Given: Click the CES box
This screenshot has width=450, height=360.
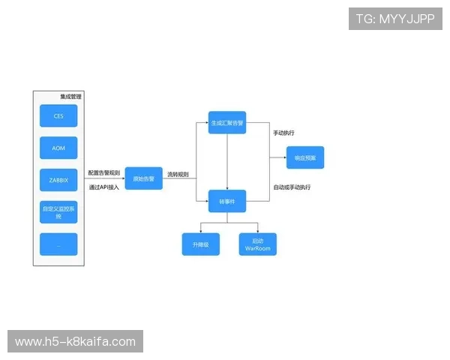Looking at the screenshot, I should click(58, 116).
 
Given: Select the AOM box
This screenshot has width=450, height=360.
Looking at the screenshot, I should click(58, 148).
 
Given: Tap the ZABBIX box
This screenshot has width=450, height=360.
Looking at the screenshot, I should click(58, 180).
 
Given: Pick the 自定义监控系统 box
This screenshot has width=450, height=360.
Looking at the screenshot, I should click(58, 212).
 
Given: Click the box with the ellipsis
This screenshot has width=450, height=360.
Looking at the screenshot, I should click(58, 244).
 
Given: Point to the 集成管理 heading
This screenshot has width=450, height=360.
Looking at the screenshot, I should click(70, 97).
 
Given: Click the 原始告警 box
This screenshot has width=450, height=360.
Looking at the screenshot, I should click(143, 178).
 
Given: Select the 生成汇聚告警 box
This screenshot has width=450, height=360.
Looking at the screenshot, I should click(226, 122).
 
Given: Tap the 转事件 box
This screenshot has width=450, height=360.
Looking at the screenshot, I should click(226, 202).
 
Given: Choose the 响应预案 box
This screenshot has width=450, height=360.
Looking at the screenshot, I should click(305, 157).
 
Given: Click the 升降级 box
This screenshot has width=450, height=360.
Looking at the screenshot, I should click(200, 244).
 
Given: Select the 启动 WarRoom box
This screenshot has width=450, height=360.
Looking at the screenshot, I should click(257, 244).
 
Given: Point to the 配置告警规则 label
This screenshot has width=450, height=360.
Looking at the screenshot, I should click(103, 173).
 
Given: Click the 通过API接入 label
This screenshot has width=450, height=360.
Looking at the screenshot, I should click(103, 187).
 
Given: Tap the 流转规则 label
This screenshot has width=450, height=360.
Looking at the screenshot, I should click(178, 175).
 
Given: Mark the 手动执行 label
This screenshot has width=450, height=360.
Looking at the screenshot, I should click(283, 133).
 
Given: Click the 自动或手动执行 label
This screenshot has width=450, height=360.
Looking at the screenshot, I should click(292, 187).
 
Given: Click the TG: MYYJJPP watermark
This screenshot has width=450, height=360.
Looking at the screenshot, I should click(395, 19).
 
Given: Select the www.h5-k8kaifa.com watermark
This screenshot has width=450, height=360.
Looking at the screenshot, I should click(75, 342).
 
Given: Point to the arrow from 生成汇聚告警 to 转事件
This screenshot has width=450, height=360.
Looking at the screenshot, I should click(227, 161).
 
